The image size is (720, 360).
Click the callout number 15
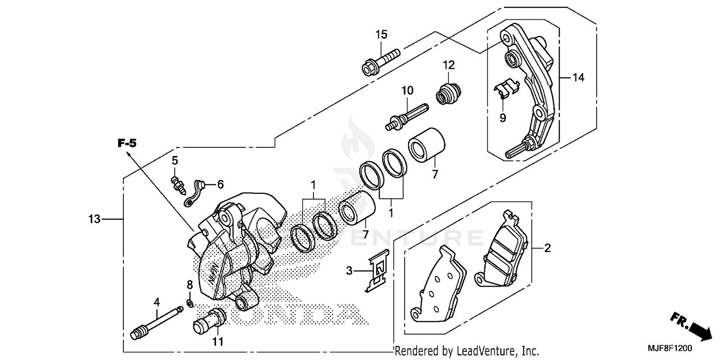click(x=381, y=35)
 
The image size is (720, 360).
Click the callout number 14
click(x=578, y=77)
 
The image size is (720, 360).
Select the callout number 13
click(x=94, y=219)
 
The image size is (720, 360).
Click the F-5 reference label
click(x=128, y=143)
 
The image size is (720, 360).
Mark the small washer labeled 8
click(x=190, y=303)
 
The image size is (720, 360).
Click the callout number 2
click(x=547, y=248)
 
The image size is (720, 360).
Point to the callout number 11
click(x=218, y=342)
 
